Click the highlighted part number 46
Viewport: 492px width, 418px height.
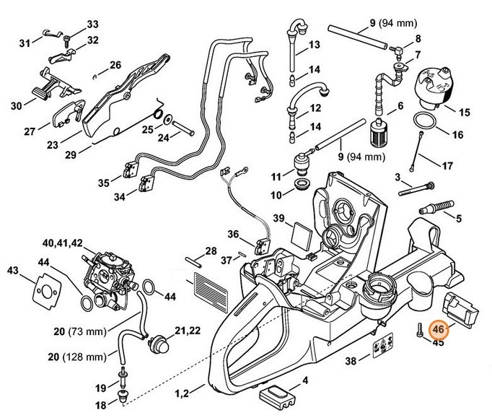click(439, 328)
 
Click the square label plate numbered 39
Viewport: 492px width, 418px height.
click(298, 233)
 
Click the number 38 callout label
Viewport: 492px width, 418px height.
click(350, 361)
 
